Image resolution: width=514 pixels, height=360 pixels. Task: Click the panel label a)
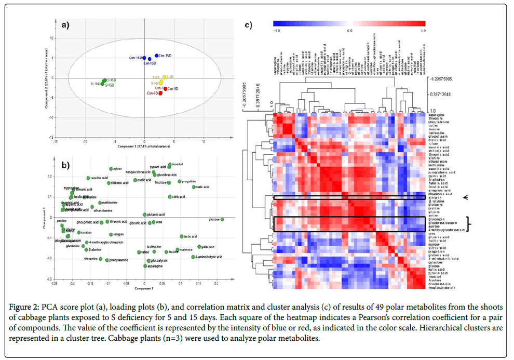pyautogui.click(x=65, y=24)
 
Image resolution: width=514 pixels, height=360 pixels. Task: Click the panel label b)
pyautogui.click(x=65, y=166)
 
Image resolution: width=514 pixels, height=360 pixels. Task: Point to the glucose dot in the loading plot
pyautogui.click(x=222, y=219)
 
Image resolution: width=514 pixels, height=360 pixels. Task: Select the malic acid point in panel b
pyautogui.click(x=194, y=187)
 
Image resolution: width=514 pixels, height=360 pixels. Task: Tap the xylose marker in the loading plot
pyautogui.click(x=111, y=169)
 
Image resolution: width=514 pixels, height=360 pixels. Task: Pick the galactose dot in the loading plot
pyautogui.click(x=199, y=247)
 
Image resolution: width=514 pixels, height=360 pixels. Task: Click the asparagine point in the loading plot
pyautogui.click(x=145, y=265)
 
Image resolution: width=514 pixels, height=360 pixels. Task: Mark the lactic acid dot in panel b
pyautogui.click(x=182, y=236)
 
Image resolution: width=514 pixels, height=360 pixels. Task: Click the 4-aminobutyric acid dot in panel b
pyautogui.click(x=193, y=257)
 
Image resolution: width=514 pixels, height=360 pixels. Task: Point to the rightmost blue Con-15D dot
pyautogui.click(x=156, y=56)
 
